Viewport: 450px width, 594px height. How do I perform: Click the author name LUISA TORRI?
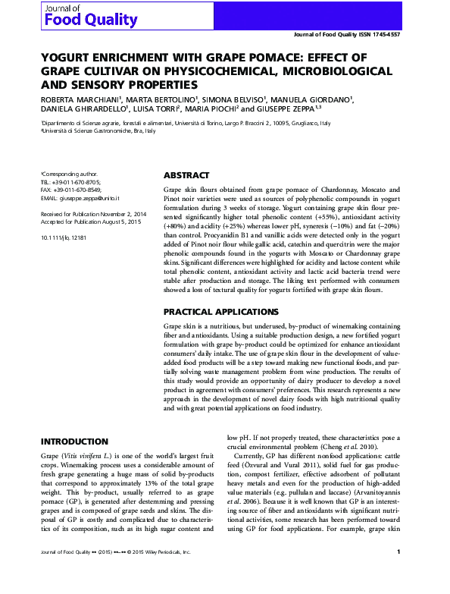pos(157,109)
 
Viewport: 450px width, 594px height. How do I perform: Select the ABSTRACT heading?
pos(186,174)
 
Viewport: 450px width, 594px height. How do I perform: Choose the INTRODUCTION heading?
pos(74,442)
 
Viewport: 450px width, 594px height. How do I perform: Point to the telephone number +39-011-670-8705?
pos(75,183)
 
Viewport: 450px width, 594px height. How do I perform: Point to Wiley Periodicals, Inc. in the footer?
pos(180,574)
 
